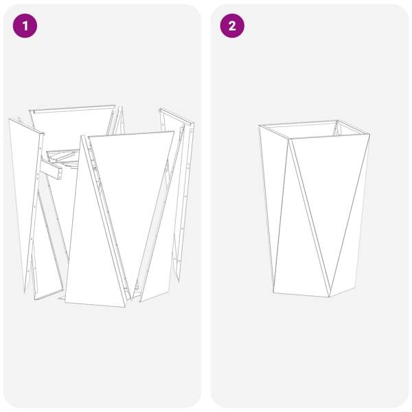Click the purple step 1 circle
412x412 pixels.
point(25,26)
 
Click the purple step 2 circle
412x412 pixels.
point(232,26)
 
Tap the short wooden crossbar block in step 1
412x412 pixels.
point(51,170)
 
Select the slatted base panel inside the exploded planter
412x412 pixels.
point(63,159)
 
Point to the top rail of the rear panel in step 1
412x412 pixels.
point(72,108)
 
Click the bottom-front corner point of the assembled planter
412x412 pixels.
point(330,297)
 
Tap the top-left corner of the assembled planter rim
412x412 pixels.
point(259,126)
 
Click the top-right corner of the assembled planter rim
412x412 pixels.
point(369,135)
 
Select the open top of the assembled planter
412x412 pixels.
point(314,129)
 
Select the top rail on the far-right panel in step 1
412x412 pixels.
point(176,117)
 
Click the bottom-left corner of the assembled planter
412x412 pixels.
point(273,293)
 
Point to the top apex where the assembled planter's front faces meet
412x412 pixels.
point(290,139)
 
